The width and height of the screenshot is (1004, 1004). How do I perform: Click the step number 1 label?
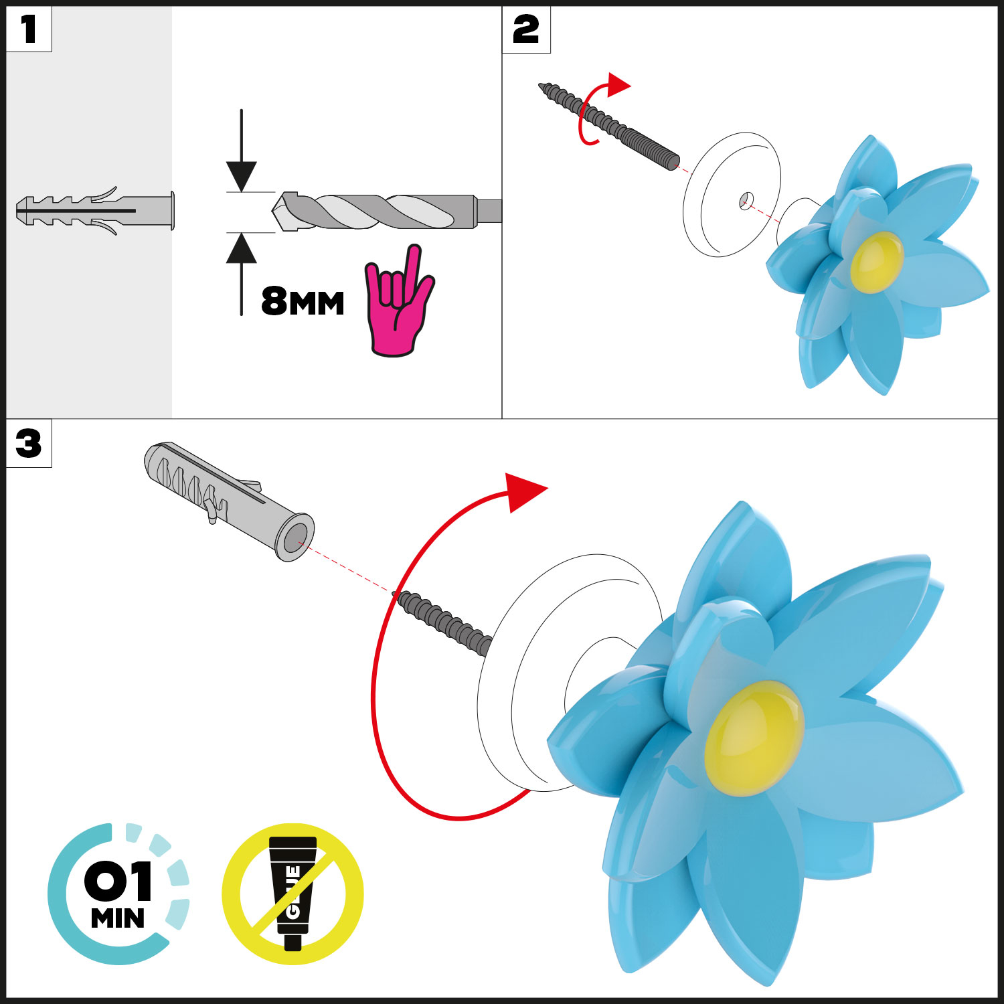(x=28, y=29)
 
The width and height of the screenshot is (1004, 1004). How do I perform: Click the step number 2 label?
(x=525, y=30)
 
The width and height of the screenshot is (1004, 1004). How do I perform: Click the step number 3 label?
(x=28, y=444)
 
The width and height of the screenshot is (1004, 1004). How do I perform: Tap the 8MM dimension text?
(x=303, y=302)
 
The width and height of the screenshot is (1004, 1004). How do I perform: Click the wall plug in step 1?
(x=94, y=211)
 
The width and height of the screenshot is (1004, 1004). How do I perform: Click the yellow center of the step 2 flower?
(x=877, y=261)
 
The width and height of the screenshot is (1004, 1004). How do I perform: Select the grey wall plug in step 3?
(x=228, y=499)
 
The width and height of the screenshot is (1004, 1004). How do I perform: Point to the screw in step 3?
(x=445, y=622)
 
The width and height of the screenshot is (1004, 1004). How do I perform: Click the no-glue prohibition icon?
(x=292, y=894)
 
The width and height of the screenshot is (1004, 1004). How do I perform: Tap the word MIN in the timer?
(x=118, y=919)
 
